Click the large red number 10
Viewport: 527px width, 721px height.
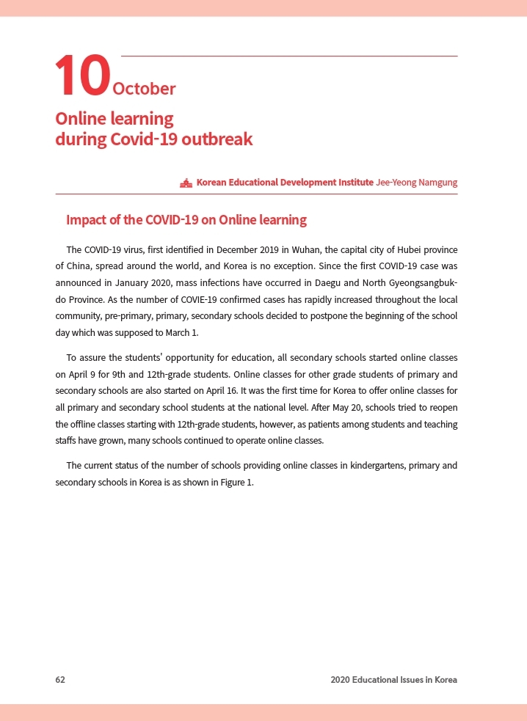point(82,76)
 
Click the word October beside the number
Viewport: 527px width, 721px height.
point(144,89)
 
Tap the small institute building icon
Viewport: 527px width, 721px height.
point(186,183)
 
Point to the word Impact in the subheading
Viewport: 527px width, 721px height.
point(84,219)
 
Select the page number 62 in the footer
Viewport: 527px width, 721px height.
point(60,680)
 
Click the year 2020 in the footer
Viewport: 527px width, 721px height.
point(340,680)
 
